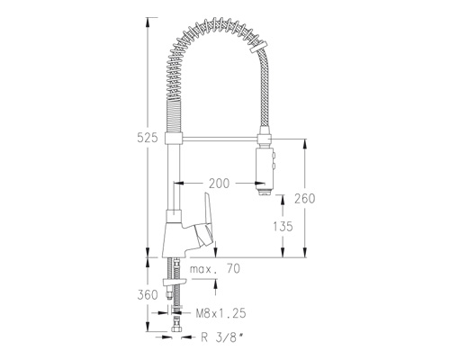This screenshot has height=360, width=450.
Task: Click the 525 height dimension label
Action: point(147,138)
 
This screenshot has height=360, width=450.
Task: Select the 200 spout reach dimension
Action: point(219,184)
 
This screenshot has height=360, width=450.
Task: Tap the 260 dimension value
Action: point(304,199)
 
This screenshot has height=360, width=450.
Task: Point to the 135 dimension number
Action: point(283,227)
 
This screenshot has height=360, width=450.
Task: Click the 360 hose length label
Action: point(148,295)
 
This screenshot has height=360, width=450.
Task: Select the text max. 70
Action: point(215,269)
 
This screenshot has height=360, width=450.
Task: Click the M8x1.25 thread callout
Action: point(220,313)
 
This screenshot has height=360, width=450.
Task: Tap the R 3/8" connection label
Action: point(221,337)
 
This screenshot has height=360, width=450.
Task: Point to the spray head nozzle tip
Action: point(265,192)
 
